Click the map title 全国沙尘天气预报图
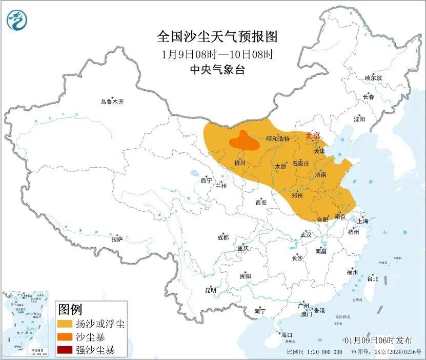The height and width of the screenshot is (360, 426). [217, 37]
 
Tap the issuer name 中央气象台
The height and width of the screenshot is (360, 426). [217, 70]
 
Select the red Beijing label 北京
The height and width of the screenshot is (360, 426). [313, 135]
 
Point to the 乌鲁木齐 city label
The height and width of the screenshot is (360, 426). [112, 102]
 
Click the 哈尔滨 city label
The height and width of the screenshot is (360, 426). [373, 78]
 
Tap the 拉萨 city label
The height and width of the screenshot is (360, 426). [117, 238]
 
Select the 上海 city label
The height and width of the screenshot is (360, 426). [362, 221]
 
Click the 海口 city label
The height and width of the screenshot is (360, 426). [286, 335]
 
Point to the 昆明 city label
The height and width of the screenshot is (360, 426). [211, 290]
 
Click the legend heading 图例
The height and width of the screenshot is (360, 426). [70, 309]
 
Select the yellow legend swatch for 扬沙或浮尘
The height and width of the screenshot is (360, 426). [65, 324]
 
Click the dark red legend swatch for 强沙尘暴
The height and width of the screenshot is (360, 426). [65, 351]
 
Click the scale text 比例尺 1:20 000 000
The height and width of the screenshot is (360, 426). [314, 352]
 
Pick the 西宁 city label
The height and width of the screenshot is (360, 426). [206, 181]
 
